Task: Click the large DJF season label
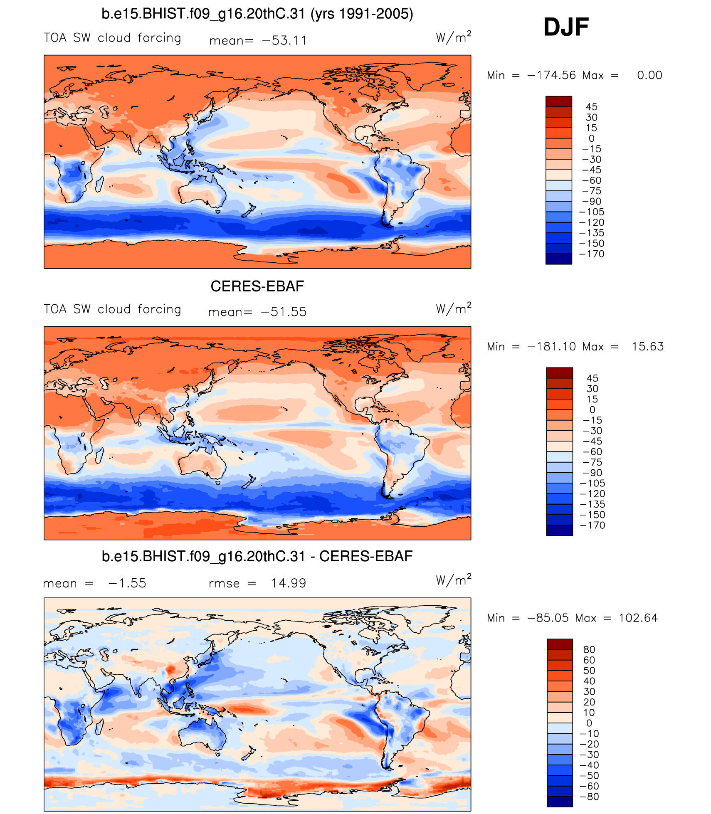point(566,27)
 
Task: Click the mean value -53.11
point(284,40)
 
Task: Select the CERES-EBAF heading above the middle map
point(257,286)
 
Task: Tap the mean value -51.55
point(284,312)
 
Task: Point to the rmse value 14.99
point(289,583)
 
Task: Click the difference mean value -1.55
point(127,583)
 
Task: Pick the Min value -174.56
point(551,75)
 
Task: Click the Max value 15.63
point(648,346)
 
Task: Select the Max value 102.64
point(638,618)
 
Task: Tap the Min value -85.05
point(548,618)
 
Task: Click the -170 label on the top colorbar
point(592,254)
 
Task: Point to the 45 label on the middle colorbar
point(592,378)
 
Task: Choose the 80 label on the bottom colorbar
point(589,649)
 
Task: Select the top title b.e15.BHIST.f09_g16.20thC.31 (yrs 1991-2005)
point(257,14)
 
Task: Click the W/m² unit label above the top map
point(453,37)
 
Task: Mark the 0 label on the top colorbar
point(591,138)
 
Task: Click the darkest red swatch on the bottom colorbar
point(560,644)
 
